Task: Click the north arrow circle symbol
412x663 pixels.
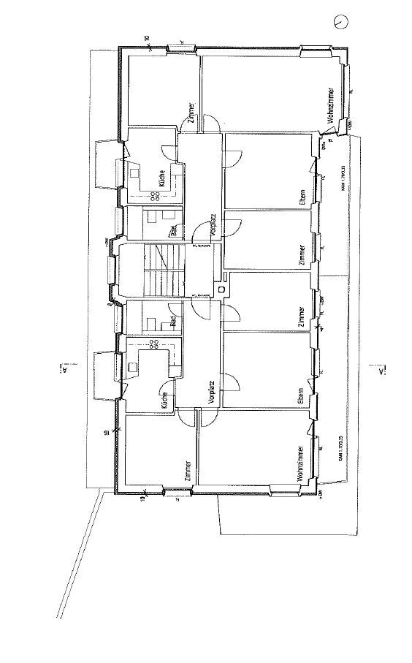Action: pos(340,23)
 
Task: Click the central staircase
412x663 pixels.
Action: pos(156,271)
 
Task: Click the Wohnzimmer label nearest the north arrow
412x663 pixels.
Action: pos(331,107)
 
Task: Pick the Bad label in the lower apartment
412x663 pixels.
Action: pos(172,321)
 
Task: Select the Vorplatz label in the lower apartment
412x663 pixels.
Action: pos(210,393)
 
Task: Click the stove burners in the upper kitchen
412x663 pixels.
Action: pos(156,195)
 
